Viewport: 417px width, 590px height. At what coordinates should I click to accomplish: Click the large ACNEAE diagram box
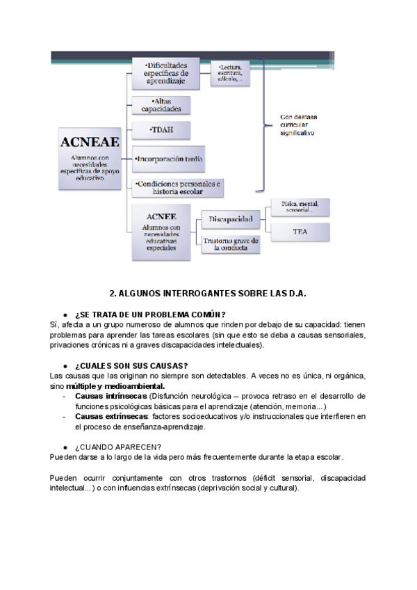tap(90, 159)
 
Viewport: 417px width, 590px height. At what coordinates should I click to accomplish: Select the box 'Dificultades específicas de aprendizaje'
tap(166, 73)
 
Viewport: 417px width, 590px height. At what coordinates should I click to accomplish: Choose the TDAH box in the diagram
tap(161, 131)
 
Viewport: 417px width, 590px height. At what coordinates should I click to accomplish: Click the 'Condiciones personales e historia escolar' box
tap(177, 187)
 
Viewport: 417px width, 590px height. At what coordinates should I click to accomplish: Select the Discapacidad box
tap(231, 219)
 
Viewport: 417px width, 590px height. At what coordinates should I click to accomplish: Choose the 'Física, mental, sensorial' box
tap(300, 206)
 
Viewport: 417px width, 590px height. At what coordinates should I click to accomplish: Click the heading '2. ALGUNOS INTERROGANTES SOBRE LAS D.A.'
tap(208, 294)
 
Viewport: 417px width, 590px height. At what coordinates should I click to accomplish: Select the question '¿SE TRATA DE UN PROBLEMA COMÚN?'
tap(150, 314)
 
